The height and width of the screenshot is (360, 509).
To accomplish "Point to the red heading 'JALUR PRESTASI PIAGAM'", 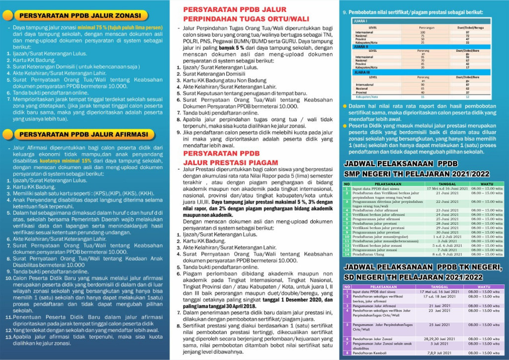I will (231, 162).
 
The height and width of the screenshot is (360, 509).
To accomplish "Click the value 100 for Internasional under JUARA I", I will (423, 32).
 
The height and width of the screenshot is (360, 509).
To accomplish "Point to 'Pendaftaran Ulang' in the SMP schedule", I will (367, 254).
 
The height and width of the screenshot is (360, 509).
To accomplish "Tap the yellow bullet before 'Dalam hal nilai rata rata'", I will (345, 106).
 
